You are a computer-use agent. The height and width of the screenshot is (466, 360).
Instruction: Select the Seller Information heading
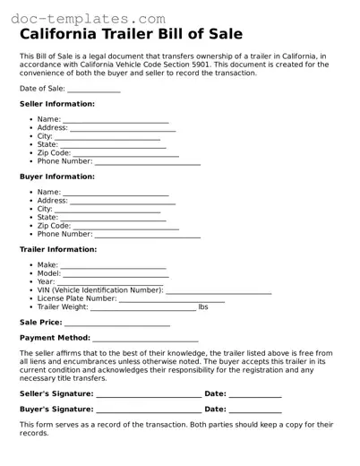tap(57, 104)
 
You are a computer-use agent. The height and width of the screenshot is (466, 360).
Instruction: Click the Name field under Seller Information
tap(116, 121)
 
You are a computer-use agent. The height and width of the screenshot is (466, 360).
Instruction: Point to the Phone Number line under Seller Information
tap(147, 163)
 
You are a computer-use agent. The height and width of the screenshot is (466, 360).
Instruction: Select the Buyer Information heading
tap(57, 177)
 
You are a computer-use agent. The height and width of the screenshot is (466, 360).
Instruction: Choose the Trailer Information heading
tap(58, 249)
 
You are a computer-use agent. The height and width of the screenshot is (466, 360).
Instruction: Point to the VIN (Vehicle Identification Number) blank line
tap(219, 292)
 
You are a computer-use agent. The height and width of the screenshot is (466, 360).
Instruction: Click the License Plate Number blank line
tap(172, 300)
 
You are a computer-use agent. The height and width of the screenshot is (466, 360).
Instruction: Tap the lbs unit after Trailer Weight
tap(203, 307)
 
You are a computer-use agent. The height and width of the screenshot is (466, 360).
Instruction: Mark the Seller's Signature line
tap(149, 393)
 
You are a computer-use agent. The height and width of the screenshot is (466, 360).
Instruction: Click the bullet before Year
tap(31, 282)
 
